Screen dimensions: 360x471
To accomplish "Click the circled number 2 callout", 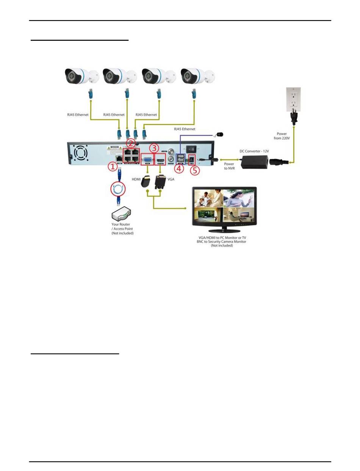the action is [x=131, y=143].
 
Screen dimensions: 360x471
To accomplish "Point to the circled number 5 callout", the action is [x=194, y=170].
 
